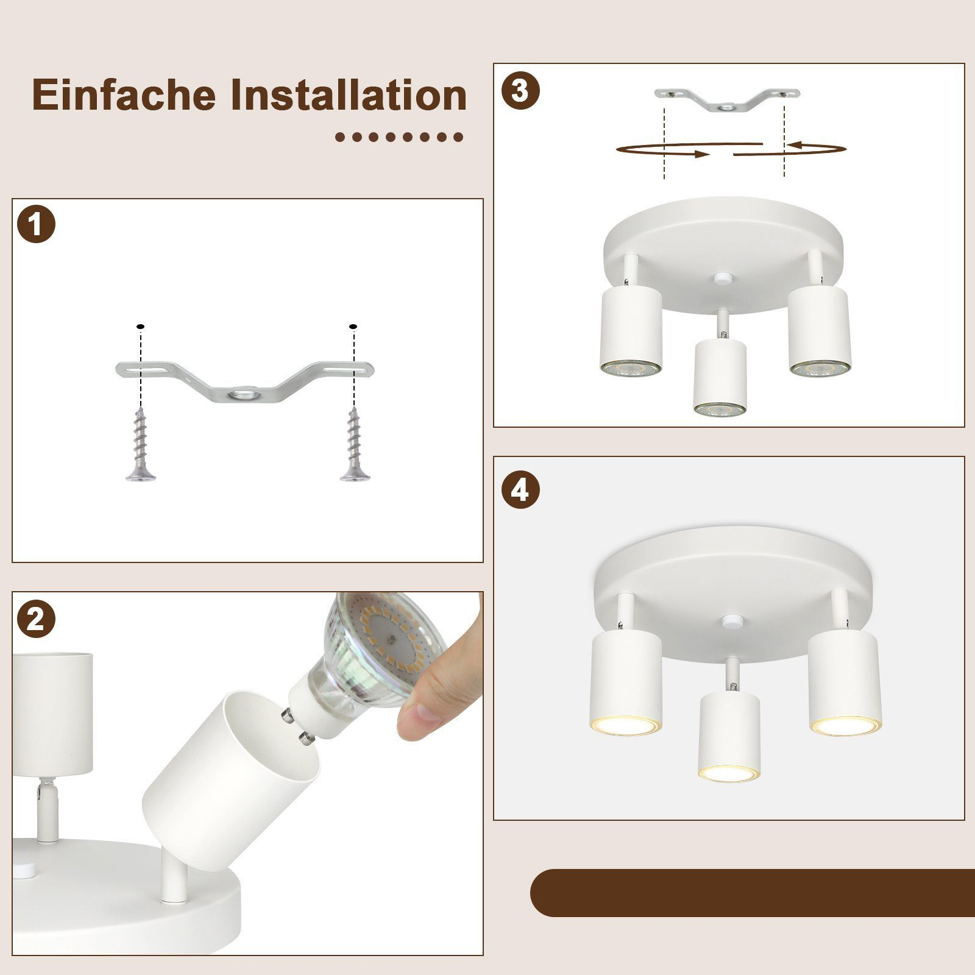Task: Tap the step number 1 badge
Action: coord(36,225)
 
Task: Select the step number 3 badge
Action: coord(520,91)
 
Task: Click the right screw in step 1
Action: coord(353,445)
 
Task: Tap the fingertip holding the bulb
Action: coord(420,725)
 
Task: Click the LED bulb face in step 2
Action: coord(390,634)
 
